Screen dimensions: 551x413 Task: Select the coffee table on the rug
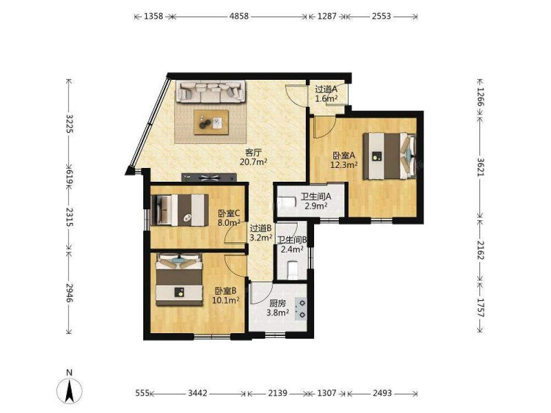click(211, 122)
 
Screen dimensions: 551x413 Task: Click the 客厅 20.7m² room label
click(253, 157)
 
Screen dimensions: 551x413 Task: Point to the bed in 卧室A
click(390, 156)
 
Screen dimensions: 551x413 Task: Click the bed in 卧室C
click(179, 210)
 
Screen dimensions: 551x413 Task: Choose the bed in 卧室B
click(179, 280)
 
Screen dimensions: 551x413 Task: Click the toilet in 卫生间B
click(293, 270)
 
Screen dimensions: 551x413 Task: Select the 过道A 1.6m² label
click(326, 94)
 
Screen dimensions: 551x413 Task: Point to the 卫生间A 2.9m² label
click(316, 201)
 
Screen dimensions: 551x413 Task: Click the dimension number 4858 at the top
click(239, 16)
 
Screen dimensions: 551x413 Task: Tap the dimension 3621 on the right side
click(480, 166)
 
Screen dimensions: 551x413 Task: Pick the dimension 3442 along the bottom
click(197, 393)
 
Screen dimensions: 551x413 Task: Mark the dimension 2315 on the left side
click(69, 216)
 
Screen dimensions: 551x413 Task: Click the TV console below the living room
click(209, 177)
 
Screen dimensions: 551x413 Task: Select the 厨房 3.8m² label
click(278, 308)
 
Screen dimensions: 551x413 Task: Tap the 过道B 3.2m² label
click(261, 233)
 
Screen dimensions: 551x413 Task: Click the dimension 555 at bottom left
click(142, 393)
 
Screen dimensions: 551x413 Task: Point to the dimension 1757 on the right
click(480, 308)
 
